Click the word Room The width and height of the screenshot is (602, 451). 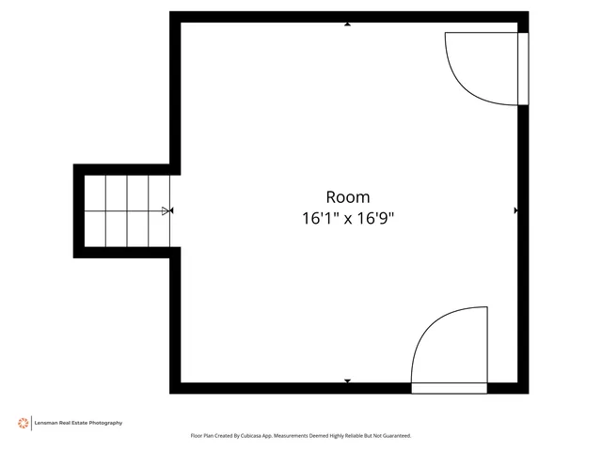point(348,197)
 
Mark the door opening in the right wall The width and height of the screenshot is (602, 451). point(523,69)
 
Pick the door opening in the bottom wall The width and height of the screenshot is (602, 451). point(450,387)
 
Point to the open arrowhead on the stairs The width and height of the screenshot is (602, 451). point(166,210)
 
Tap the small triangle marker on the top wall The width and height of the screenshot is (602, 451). point(348,23)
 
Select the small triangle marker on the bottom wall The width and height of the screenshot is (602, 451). point(347,381)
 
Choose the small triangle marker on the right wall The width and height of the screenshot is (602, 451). point(515,210)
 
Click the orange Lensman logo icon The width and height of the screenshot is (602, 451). point(23,423)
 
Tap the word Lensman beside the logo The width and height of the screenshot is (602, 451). point(48,423)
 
